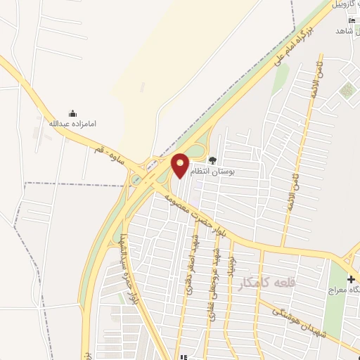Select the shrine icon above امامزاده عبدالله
[72, 112]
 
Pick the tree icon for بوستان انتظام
[212, 160]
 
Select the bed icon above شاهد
[352, 20]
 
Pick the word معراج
[345, 290]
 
